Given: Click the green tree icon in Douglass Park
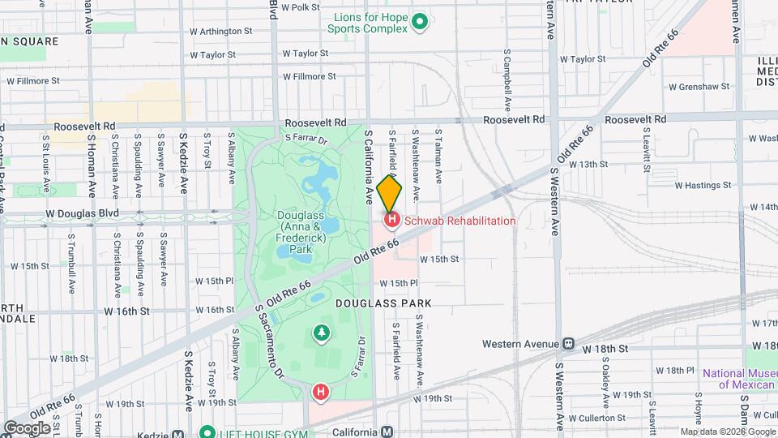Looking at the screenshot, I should [322, 333].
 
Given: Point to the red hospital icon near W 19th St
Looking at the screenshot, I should [321, 393].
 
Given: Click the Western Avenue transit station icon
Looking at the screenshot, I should [569, 344].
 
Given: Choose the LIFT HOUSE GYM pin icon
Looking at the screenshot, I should [207, 432].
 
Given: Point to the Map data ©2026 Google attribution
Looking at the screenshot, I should [727, 432].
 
